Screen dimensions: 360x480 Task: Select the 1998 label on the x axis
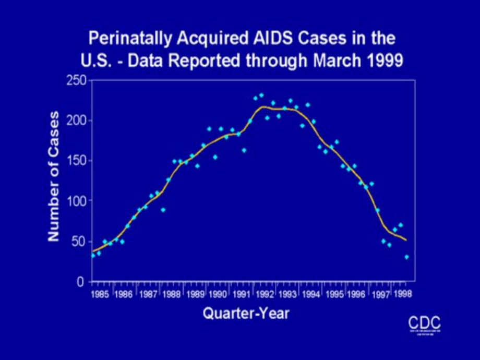(x=403, y=294)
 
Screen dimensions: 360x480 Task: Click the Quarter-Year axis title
(x=246, y=314)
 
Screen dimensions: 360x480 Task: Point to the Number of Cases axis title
(x=54, y=176)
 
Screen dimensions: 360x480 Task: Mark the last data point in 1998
(x=406, y=257)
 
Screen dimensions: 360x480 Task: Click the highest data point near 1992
(x=261, y=95)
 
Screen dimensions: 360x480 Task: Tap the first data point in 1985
(x=93, y=256)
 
